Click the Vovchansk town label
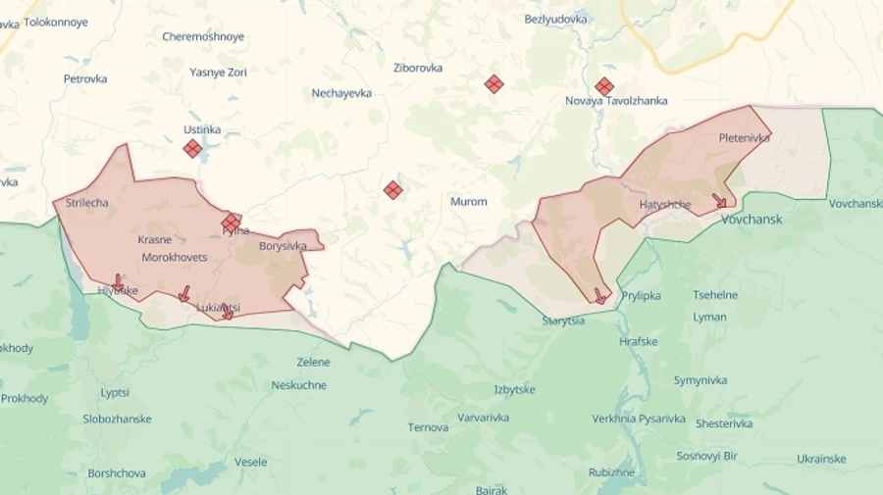(752, 220)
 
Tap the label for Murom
(468, 202)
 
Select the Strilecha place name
(86, 203)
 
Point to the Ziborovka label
(418, 69)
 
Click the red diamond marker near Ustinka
(192, 148)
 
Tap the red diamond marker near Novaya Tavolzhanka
(604, 86)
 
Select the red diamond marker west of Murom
(392, 190)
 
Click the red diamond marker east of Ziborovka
(493, 84)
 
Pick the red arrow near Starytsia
(599, 295)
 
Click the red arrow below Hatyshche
(719, 201)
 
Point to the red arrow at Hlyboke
(118, 283)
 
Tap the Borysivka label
(283, 246)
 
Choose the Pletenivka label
(744, 138)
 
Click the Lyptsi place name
(115, 393)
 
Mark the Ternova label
(428, 427)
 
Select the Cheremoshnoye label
(203, 37)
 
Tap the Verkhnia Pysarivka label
(639, 419)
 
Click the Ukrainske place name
(821, 459)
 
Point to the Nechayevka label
(341, 93)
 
